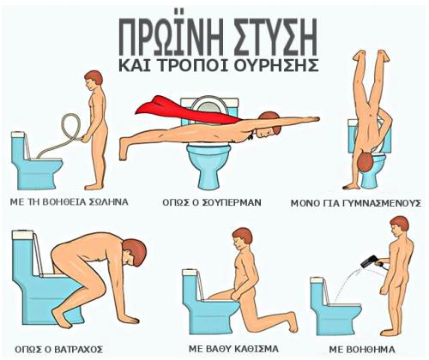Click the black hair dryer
370,261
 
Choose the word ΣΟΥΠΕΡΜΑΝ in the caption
232,202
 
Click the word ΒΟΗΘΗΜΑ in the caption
362,350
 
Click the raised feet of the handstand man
372,55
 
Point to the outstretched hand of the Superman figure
311,119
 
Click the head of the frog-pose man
134,251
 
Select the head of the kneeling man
242,237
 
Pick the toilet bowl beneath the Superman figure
208,165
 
